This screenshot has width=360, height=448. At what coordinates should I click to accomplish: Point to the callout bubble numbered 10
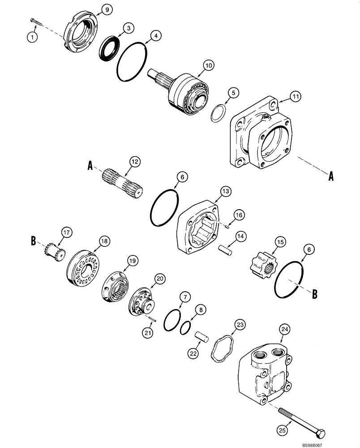(x=207, y=65)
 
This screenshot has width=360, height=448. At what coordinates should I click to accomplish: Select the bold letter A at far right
(x=331, y=177)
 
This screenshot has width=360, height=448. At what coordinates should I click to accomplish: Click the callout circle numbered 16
(x=240, y=215)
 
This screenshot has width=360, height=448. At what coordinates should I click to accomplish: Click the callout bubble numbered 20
(x=159, y=279)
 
